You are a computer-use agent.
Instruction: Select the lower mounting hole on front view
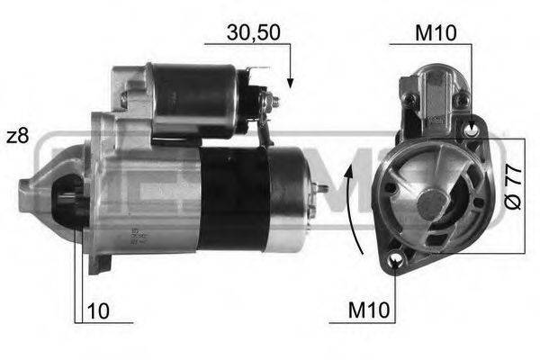397,262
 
